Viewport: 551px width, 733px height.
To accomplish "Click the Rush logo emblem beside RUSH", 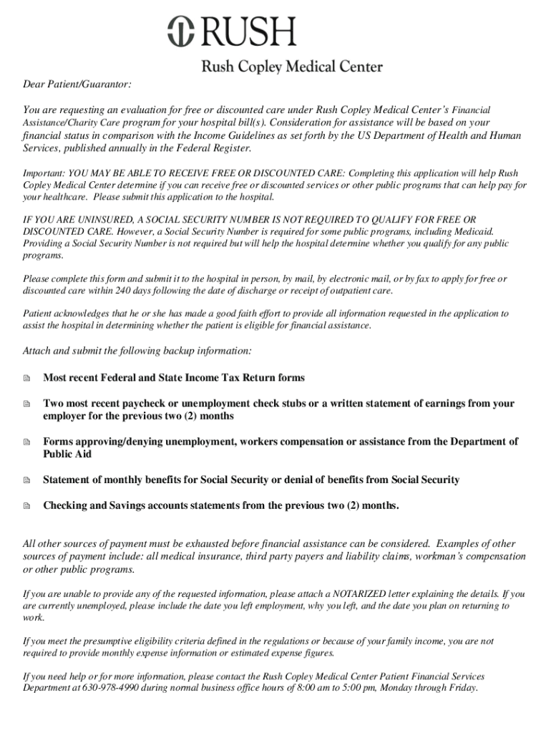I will point(182,32).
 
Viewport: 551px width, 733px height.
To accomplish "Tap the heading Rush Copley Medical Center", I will point(292,67).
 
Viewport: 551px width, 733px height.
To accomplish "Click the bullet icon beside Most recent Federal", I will point(27,378).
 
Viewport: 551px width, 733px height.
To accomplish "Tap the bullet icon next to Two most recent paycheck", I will point(27,404).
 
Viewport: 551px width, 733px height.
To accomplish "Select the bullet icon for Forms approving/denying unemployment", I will point(27,442).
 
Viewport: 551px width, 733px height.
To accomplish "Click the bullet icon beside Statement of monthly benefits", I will point(27,480).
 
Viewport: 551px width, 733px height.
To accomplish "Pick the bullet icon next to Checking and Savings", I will point(27,506).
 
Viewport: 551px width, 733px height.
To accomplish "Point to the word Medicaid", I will point(473,231).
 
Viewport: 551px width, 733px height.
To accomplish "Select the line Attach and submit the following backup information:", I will point(137,351).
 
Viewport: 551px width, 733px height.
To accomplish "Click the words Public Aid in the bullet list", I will point(67,455).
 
